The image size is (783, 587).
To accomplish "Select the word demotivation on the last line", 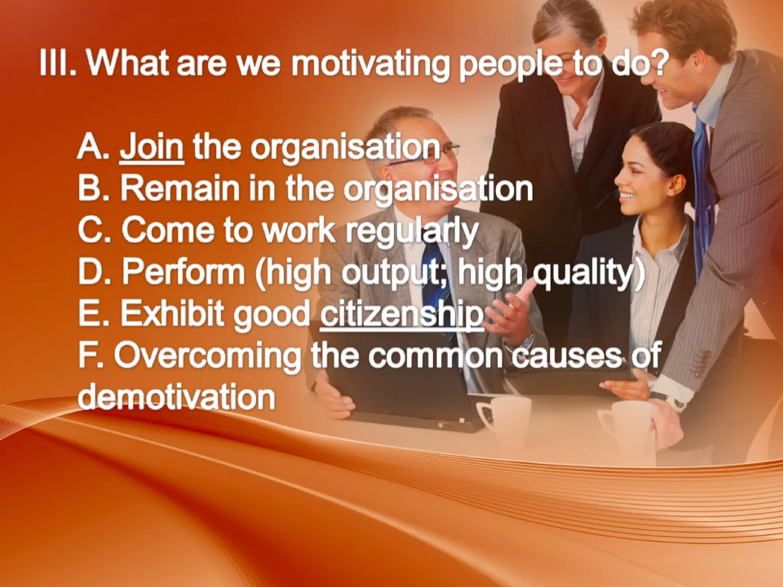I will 177,397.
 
